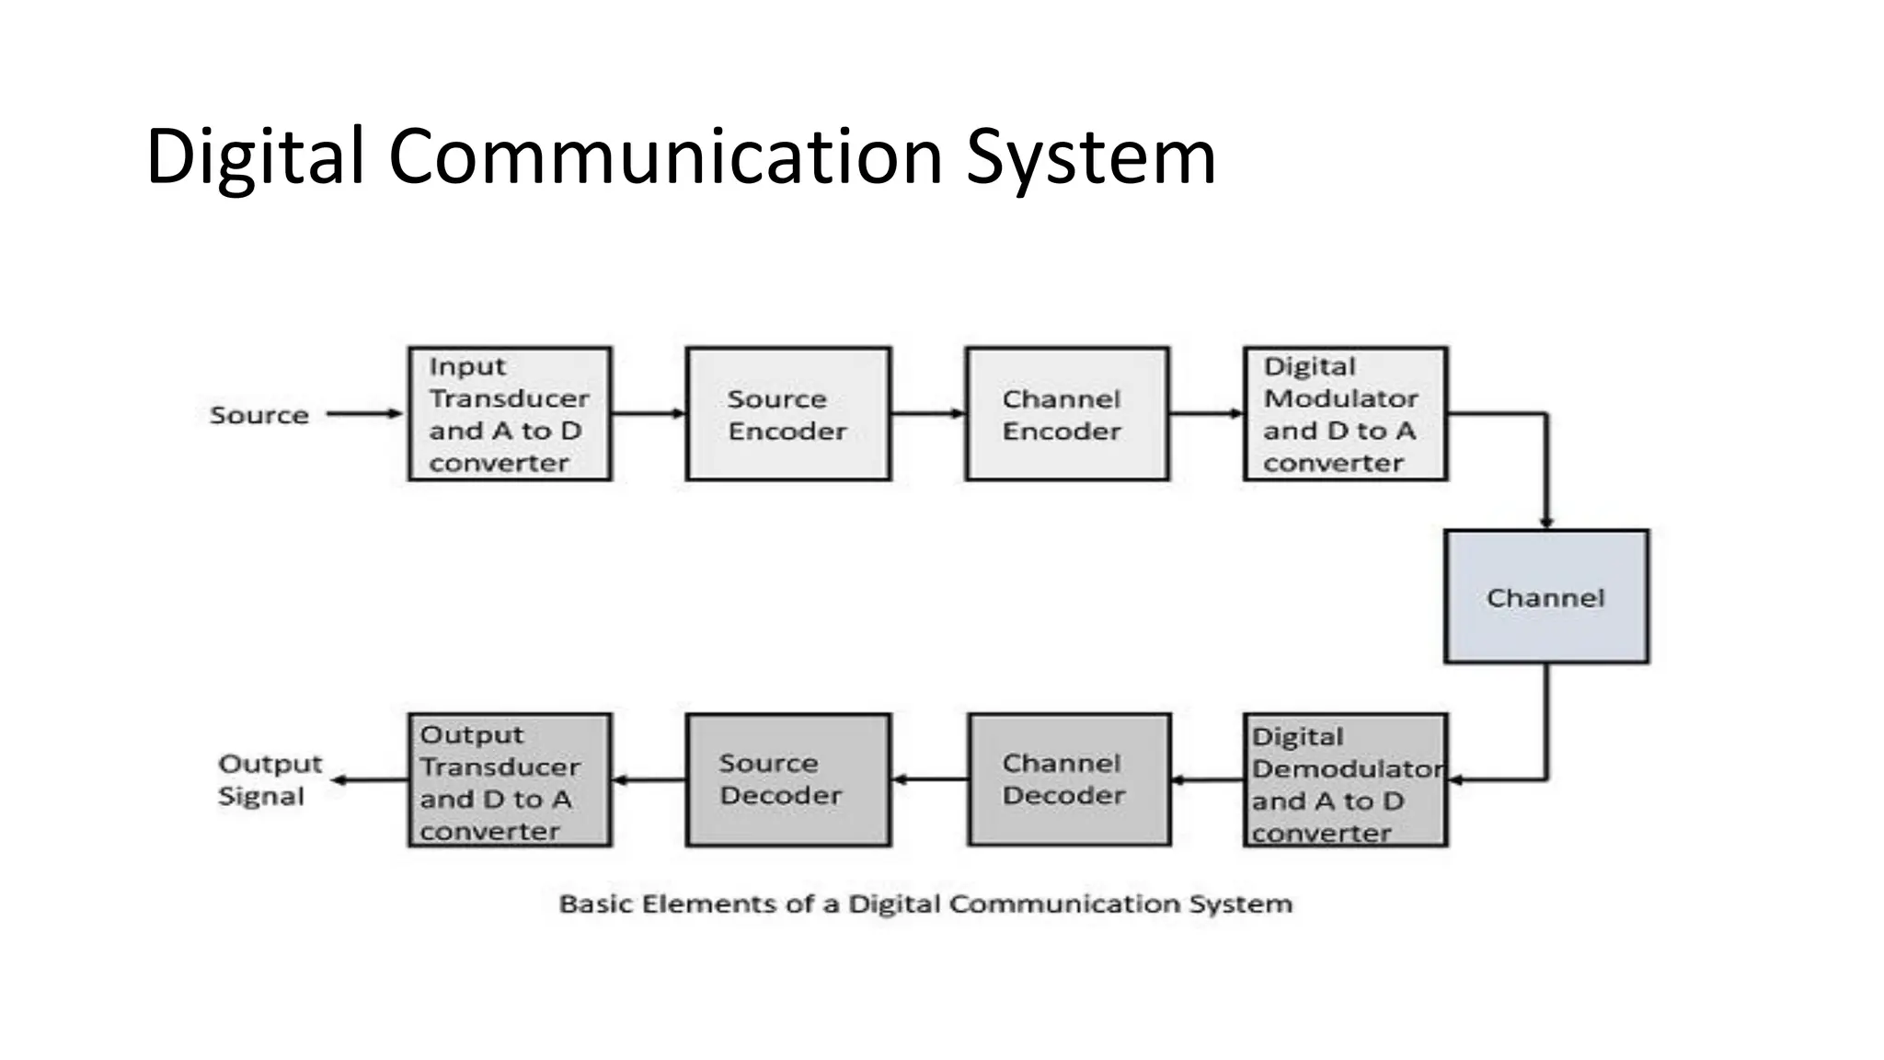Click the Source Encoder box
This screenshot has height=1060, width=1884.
click(x=788, y=414)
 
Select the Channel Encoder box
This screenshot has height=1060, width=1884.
click(x=1067, y=414)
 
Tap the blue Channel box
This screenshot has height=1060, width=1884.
click(x=1546, y=596)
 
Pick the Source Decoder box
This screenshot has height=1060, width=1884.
click(x=788, y=779)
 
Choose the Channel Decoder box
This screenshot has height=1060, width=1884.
click(x=1069, y=779)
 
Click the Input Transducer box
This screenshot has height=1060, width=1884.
click(x=510, y=414)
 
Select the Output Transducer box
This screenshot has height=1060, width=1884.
click(x=510, y=780)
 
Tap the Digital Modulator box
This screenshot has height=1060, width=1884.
click(x=1345, y=414)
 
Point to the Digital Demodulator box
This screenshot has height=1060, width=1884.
click(x=1345, y=780)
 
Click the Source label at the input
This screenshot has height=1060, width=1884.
click(x=259, y=415)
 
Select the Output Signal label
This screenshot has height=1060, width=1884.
click(x=269, y=779)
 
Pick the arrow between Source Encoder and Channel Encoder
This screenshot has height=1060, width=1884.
click(x=927, y=413)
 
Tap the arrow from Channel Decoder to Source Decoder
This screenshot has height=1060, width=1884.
click(x=929, y=779)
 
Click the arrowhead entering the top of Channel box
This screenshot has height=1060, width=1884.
click(x=1546, y=523)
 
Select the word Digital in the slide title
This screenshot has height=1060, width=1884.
click(x=255, y=156)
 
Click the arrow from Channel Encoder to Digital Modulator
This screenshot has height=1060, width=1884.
click(x=1205, y=413)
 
